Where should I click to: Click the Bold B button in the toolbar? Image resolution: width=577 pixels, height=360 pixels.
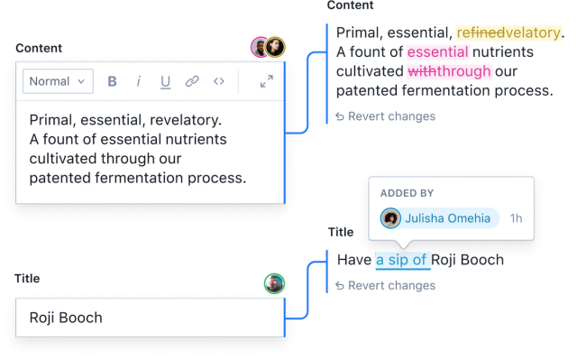tap(113, 81)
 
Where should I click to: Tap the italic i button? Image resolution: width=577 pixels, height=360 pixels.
tap(139, 81)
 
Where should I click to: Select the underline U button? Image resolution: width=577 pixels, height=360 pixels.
tap(165, 81)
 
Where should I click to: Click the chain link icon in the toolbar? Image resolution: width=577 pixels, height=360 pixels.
tap(192, 81)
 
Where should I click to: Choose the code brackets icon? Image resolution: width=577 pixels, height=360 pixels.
tap(218, 81)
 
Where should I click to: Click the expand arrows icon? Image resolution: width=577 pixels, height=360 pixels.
tap(267, 81)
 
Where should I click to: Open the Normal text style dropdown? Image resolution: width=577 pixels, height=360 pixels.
tap(57, 81)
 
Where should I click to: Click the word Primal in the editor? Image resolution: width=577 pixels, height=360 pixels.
tap(51, 120)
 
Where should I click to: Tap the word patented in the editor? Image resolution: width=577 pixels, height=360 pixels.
tap(60, 179)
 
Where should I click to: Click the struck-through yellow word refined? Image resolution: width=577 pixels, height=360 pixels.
tap(472, 32)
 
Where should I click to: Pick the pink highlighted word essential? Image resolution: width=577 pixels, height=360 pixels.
tap(437, 52)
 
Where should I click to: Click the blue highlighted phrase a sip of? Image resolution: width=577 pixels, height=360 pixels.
tap(402, 260)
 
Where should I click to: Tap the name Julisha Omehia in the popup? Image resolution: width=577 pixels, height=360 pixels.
tap(447, 218)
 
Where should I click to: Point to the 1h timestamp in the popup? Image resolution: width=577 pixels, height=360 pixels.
tap(516, 218)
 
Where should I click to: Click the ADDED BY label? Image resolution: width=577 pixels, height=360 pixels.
tap(407, 194)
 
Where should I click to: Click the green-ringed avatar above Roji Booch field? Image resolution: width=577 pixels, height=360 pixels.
tap(274, 283)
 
